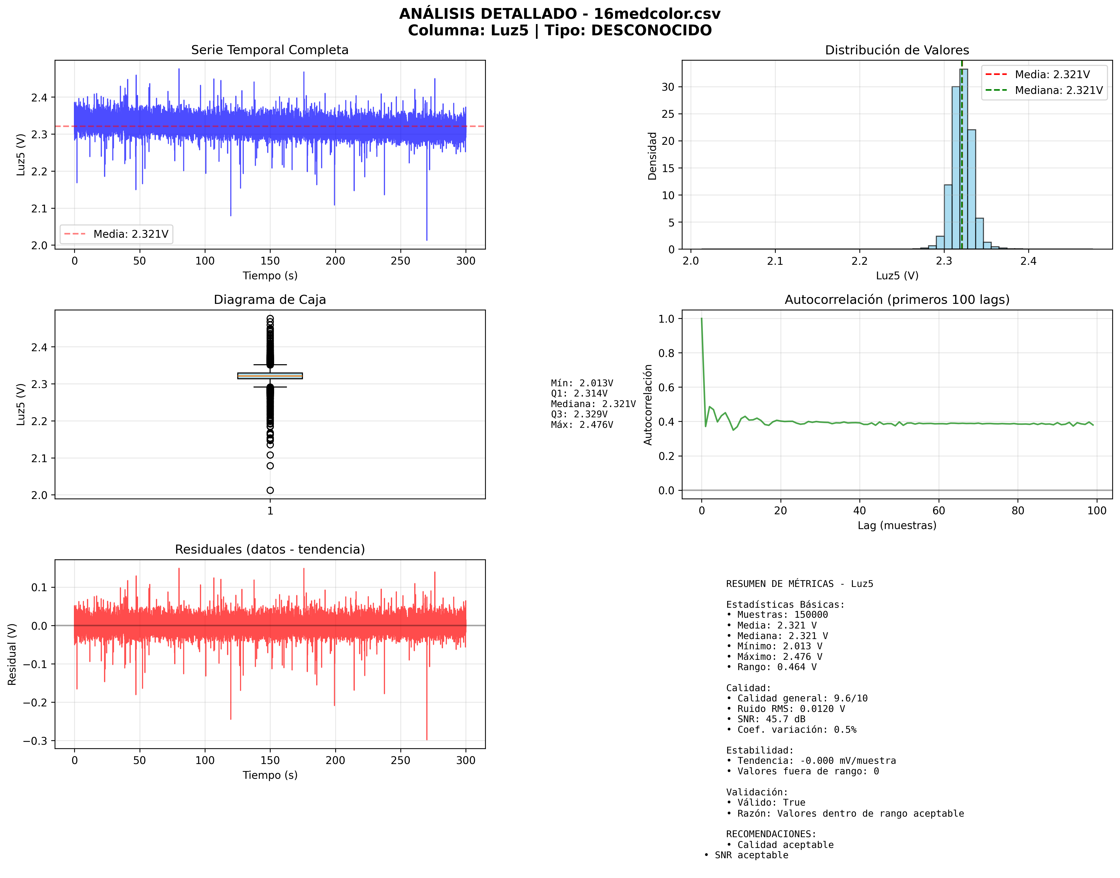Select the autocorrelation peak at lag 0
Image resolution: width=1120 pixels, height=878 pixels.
pos(701,319)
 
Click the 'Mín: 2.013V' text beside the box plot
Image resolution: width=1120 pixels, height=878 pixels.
pos(582,383)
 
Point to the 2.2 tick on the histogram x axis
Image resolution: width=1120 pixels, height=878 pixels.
pos(859,261)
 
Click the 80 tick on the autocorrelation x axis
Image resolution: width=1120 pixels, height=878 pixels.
pos(1018,511)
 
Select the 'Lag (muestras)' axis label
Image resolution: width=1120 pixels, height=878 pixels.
pos(897,525)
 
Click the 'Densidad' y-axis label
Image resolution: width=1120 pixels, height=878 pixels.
pos(652,156)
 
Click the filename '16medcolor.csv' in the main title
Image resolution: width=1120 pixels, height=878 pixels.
pos(657,14)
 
